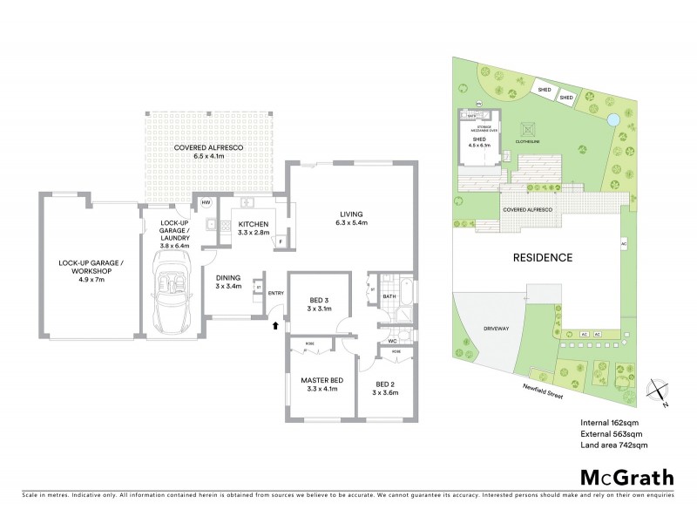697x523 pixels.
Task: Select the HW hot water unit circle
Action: (206, 202)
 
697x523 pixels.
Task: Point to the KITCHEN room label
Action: (253, 224)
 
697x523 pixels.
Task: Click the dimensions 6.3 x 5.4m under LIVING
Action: (352, 224)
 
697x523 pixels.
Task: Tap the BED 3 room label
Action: (318, 301)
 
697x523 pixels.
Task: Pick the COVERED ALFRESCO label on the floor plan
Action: (207, 148)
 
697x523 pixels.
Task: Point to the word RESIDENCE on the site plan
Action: (541, 257)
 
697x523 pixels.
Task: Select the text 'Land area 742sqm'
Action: (613, 445)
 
